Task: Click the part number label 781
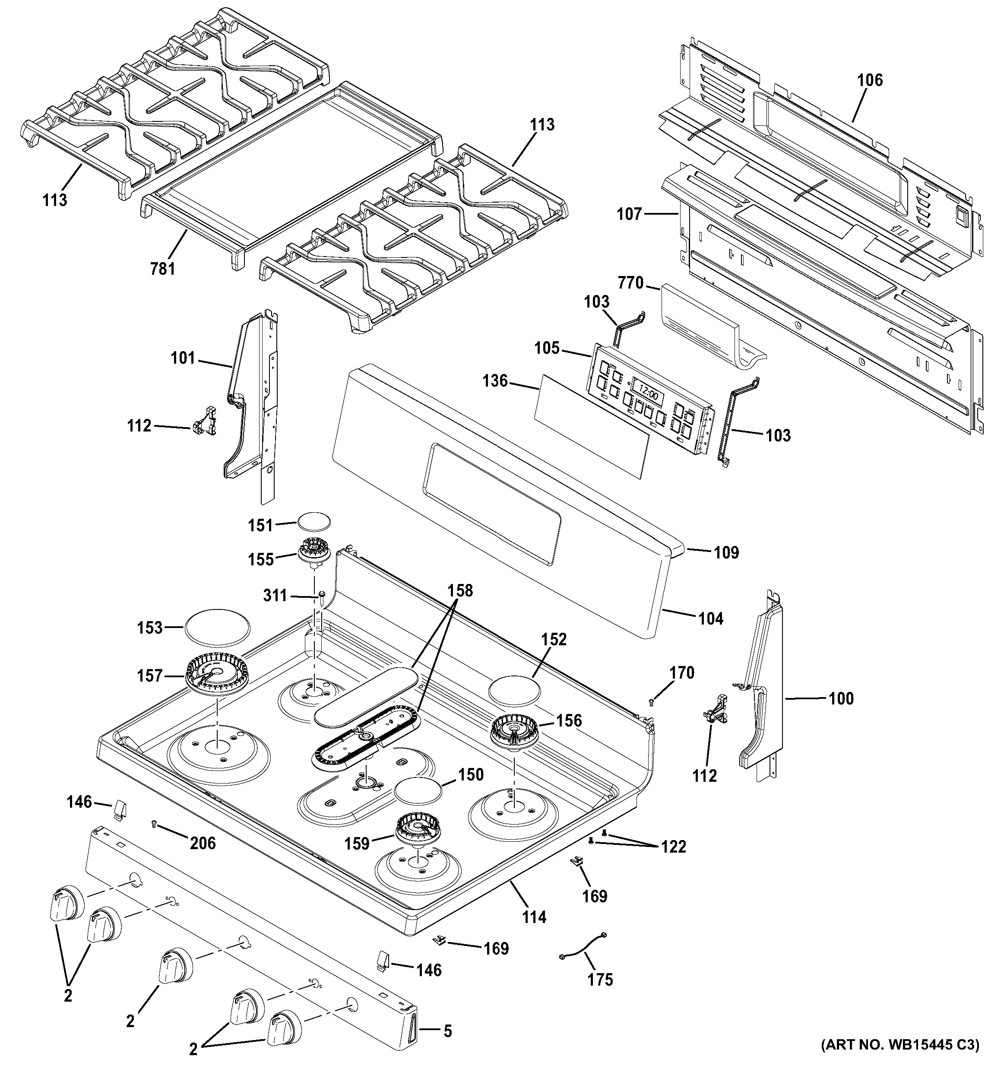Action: point(162,268)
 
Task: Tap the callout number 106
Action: point(870,80)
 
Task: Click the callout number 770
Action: point(630,283)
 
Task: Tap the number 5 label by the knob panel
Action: point(448,1031)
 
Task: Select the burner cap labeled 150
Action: point(418,792)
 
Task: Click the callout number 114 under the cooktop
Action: point(534,917)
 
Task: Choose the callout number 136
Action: point(494,381)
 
